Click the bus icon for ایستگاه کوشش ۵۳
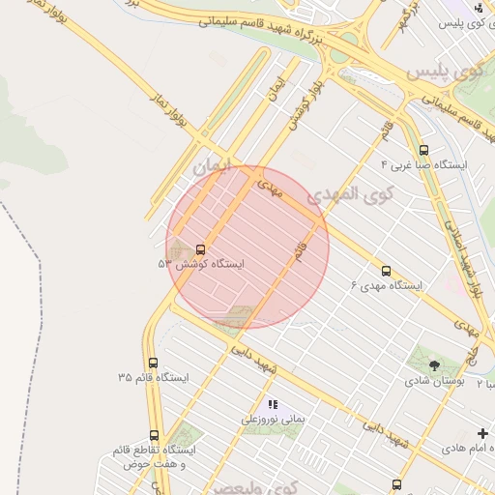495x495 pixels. pyautogui.click(x=200, y=249)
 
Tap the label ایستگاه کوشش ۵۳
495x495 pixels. pyautogui.click(x=202, y=263)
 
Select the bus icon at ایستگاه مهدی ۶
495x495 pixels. pyautogui.click(x=387, y=272)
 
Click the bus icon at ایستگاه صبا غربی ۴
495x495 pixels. pyautogui.click(x=424, y=150)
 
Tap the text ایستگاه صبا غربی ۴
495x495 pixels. pyautogui.click(x=424, y=164)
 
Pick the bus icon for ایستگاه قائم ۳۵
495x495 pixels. pyautogui.click(x=154, y=363)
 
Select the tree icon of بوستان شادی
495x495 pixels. pyautogui.click(x=434, y=365)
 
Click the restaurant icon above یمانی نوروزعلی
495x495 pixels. pyautogui.click(x=273, y=404)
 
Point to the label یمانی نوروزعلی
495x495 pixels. pyautogui.click(x=273, y=421)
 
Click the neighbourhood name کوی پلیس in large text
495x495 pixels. pyautogui.click(x=445, y=73)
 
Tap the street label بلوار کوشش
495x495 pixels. pyautogui.click(x=303, y=100)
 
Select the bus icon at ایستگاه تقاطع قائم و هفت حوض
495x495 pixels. pyautogui.click(x=154, y=436)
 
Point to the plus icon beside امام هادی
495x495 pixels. pyautogui.click(x=483, y=433)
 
